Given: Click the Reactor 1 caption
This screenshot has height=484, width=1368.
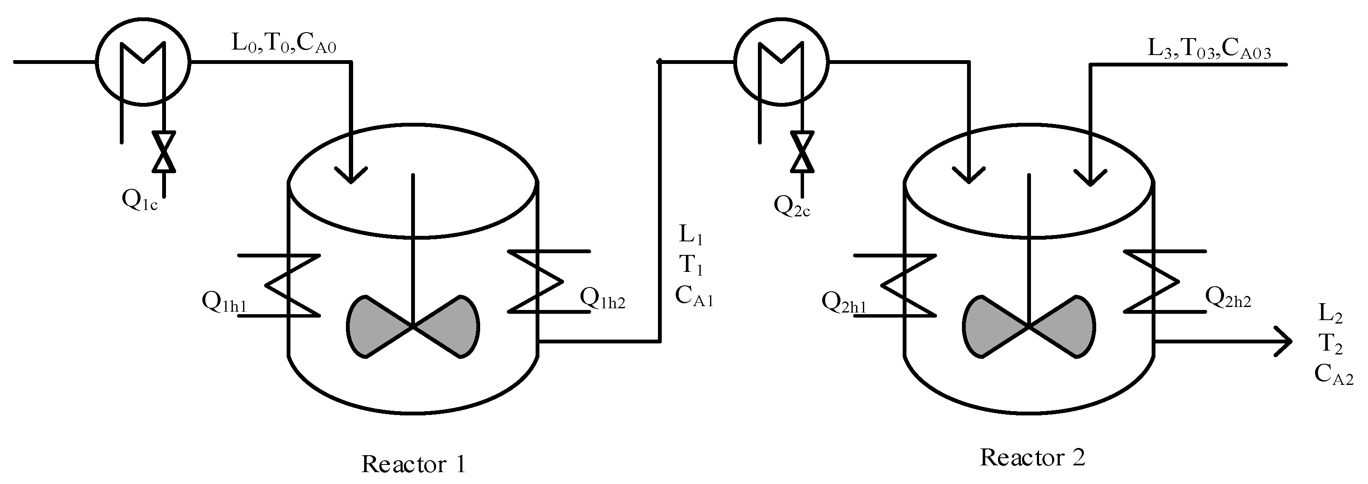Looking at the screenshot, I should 413,464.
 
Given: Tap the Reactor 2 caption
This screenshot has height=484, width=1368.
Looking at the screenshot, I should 1032,457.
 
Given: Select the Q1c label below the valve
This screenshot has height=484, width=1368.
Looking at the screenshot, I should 140,201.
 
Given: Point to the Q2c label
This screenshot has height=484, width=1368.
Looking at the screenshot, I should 792,206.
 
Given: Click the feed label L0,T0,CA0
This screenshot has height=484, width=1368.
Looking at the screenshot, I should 284,44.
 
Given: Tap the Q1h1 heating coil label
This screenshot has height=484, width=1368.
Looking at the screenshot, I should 224,302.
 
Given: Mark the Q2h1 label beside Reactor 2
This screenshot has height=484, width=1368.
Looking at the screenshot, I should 844,302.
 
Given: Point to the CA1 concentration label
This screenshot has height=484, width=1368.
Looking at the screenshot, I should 694,296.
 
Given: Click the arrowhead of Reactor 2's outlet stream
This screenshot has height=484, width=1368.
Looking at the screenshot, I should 1284,342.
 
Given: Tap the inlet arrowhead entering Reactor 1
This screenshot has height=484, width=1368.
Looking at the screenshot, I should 351,175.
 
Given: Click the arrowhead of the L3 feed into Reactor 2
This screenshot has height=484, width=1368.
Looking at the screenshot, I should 1090,178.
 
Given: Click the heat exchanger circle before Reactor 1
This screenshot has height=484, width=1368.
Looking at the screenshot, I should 143,62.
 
